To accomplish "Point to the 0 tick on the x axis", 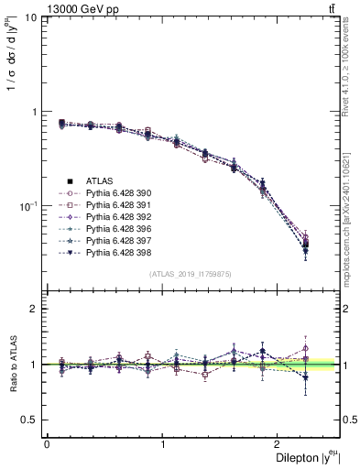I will tap(47, 443).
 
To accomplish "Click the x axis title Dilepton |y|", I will tap(303, 457).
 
